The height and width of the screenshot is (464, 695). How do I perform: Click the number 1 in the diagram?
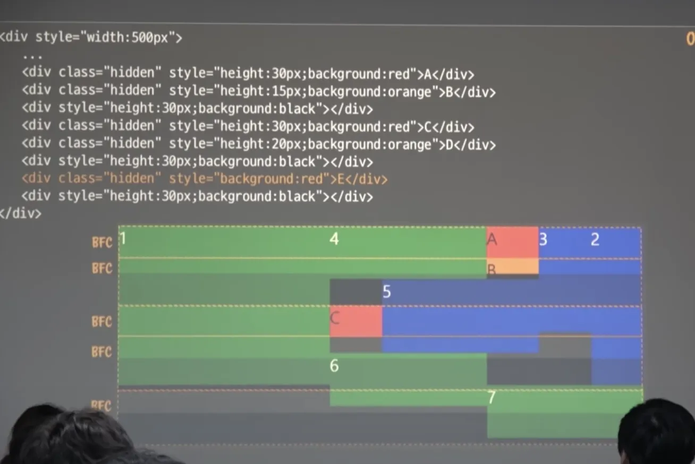tap(123, 238)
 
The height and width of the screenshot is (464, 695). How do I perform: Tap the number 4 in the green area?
tap(334, 239)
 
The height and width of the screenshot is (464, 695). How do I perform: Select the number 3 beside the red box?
tap(543, 239)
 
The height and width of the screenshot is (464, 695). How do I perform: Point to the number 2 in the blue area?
tap(595, 240)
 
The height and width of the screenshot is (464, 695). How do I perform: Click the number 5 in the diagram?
tap(386, 292)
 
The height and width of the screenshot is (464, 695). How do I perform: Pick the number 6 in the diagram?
tap(334, 366)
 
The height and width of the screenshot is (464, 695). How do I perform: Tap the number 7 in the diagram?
tap(491, 397)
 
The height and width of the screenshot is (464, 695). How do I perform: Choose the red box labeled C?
tap(356, 321)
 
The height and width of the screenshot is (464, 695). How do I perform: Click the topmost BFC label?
tap(102, 243)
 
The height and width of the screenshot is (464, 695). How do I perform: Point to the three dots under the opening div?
tap(32, 56)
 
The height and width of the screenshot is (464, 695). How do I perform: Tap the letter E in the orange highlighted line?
tap(341, 179)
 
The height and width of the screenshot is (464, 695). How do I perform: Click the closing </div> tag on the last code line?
tap(20, 213)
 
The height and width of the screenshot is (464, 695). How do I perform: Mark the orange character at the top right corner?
tap(690, 39)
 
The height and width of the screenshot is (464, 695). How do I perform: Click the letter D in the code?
tap(450, 144)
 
